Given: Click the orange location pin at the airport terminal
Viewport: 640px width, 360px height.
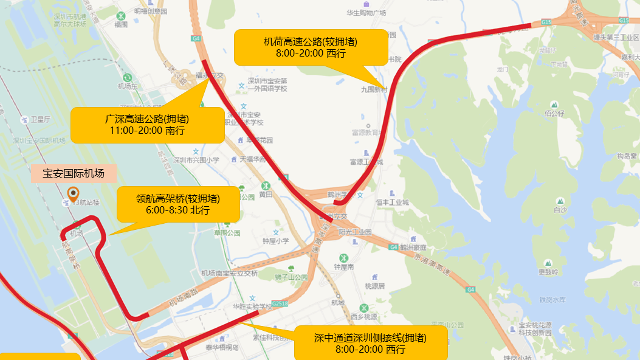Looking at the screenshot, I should [x=73, y=194].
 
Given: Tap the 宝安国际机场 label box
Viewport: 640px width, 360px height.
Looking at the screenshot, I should [x=74, y=174].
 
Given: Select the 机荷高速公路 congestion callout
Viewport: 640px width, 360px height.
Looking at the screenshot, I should [x=311, y=47].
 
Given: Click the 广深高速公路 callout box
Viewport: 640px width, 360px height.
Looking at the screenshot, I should [x=147, y=125].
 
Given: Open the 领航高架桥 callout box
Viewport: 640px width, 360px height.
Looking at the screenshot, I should [x=178, y=204].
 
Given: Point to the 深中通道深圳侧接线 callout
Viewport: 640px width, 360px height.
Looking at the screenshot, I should [x=370, y=344].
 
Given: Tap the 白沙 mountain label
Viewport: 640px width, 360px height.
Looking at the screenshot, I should [x=560, y=210].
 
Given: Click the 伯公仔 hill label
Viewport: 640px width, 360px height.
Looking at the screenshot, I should [x=555, y=113].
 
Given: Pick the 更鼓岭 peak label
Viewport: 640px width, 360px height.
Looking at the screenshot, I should [x=548, y=271].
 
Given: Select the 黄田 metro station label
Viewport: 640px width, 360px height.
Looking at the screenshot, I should [x=265, y=195].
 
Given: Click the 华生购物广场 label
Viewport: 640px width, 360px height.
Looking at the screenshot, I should [x=366, y=13].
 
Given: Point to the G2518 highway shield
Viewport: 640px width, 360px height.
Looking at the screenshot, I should [x=280, y=302].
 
